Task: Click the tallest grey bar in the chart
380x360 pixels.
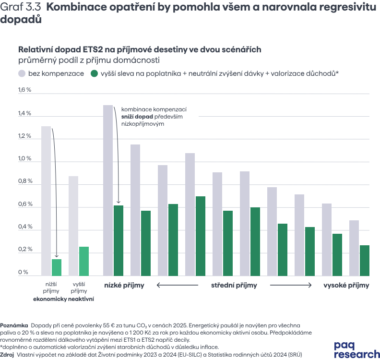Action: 108,190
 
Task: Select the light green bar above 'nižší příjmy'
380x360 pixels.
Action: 57,267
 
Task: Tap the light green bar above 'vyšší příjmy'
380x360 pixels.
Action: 84,261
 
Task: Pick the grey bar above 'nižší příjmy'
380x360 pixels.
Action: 46,201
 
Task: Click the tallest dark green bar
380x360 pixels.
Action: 201,236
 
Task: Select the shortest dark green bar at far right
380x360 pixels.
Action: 365,261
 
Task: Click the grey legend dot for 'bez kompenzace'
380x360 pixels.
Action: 22,73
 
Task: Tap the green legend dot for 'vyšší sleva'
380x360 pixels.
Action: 94,73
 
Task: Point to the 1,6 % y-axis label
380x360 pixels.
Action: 25,90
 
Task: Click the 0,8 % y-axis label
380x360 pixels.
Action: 25,181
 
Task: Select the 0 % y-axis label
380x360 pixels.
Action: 23,272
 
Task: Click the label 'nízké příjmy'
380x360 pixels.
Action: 124,285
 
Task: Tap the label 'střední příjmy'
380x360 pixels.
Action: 234,285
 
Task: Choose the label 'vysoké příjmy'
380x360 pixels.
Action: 346,285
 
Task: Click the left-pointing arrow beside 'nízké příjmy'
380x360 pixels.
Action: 178,285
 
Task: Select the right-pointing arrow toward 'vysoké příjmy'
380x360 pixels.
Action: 291,285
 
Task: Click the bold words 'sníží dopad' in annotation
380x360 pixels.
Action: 137,117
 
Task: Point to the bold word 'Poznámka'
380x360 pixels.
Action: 14,325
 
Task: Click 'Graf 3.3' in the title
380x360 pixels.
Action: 21,7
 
